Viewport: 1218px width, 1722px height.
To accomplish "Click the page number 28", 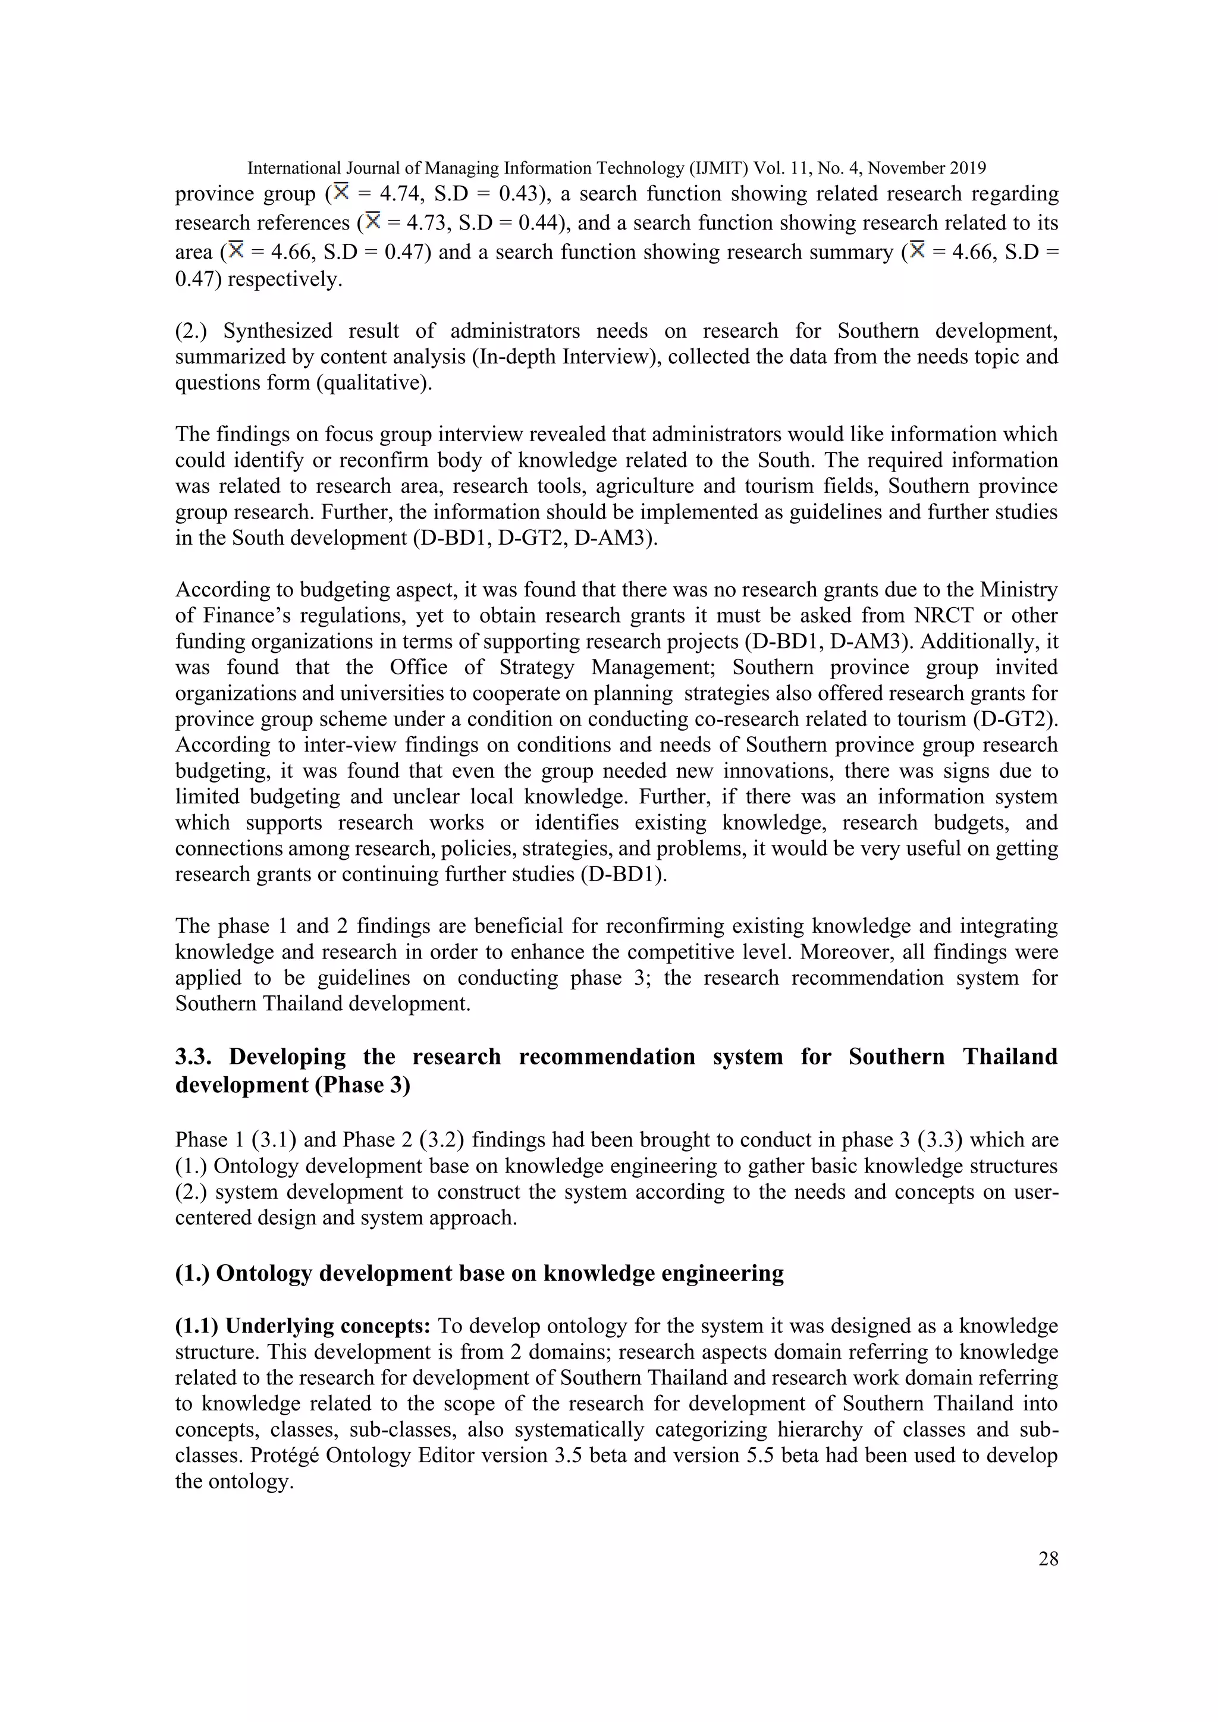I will tap(1048, 1559).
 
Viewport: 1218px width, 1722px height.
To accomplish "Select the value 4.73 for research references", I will tap(426, 224).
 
